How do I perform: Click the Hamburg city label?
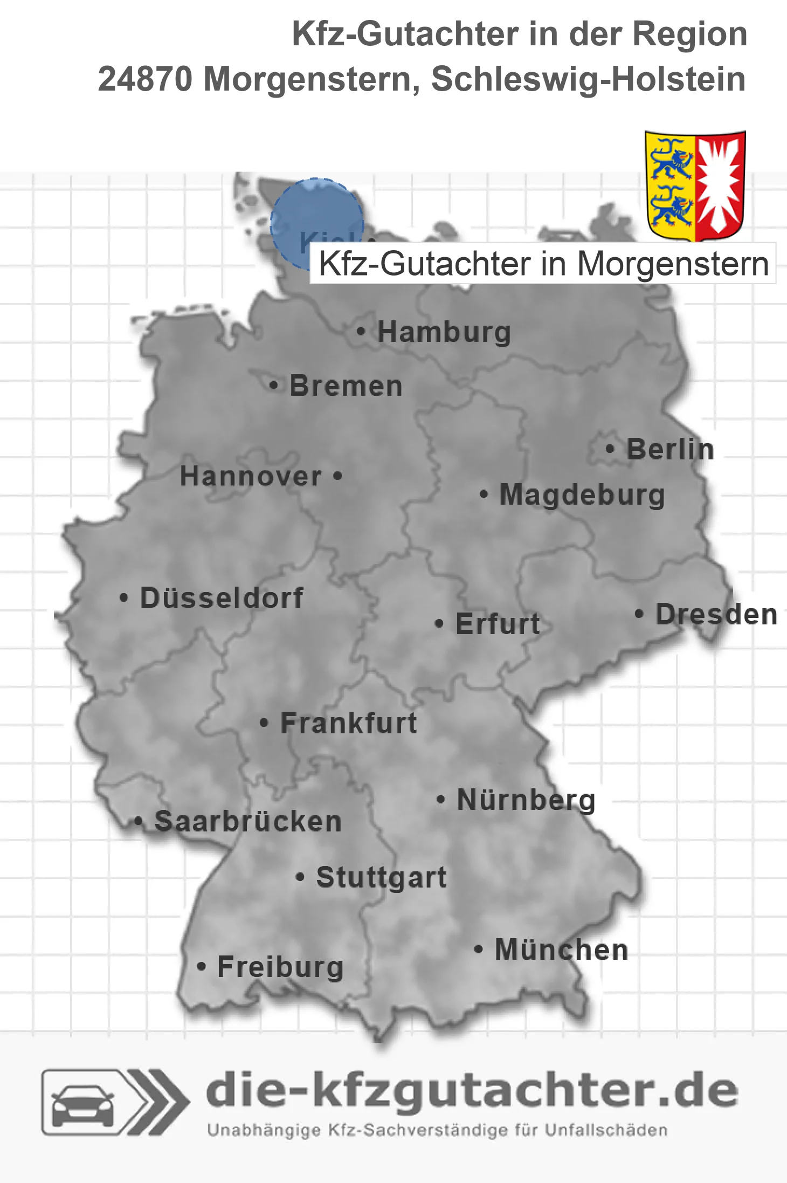tap(444, 332)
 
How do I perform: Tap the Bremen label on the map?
tap(346, 386)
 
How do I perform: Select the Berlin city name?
tap(670, 449)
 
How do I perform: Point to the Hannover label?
tap(251, 476)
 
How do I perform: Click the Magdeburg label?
tap(582, 494)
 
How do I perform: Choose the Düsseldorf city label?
tap(222, 598)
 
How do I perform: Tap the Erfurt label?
tap(498, 624)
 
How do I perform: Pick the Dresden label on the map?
tap(716, 614)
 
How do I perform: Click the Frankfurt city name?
tap(349, 723)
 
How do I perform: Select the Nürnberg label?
tap(526, 800)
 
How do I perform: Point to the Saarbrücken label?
tap(248, 822)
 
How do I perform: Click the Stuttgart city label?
tap(381, 877)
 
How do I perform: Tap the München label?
tap(561, 950)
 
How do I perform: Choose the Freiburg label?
tap(280, 967)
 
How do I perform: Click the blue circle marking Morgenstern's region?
tap(317, 223)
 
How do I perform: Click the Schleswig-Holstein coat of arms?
tap(695, 186)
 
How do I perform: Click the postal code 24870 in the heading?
tap(144, 79)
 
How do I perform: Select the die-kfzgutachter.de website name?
tap(472, 1090)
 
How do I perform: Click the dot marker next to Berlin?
tap(610, 449)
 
